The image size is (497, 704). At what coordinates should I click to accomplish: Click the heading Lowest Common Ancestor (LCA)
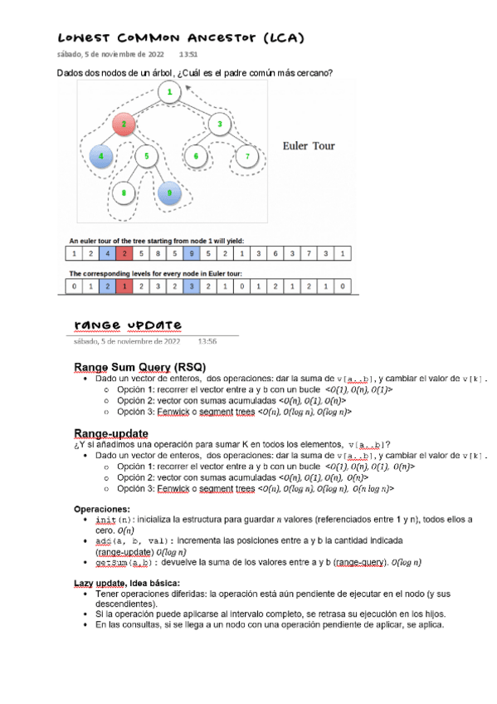click(180, 38)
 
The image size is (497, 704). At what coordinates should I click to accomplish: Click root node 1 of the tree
click(169, 91)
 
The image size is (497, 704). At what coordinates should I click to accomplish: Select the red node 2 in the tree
click(124, 125)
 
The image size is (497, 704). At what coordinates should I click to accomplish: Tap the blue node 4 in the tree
click(100, 155)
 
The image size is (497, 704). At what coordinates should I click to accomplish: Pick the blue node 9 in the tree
click(168, 193)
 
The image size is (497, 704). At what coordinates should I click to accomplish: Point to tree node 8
click(123, 193)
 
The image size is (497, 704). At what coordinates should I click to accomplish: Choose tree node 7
click(246, 155)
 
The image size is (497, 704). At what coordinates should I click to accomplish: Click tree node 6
click(196, 155)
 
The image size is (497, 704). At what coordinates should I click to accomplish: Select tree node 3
click(219, 125)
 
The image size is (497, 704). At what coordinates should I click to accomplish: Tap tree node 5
click(146, 155)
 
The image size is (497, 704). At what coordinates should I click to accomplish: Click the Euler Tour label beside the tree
click(309, 145)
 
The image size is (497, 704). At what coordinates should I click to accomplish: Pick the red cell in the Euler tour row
click(124, 253)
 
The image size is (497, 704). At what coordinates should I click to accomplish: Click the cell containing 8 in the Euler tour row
click(158, 253)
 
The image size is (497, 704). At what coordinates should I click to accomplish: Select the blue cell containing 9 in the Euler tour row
click(191, 253)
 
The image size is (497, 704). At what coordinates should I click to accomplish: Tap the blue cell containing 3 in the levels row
click(191, 286)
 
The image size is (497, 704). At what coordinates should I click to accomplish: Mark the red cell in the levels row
click(124, 286)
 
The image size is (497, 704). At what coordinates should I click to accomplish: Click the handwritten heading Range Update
click(129, 324)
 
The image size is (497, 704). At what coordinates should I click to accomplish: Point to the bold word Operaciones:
click(102, 509)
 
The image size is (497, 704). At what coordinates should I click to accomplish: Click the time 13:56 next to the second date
click(207, 340)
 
